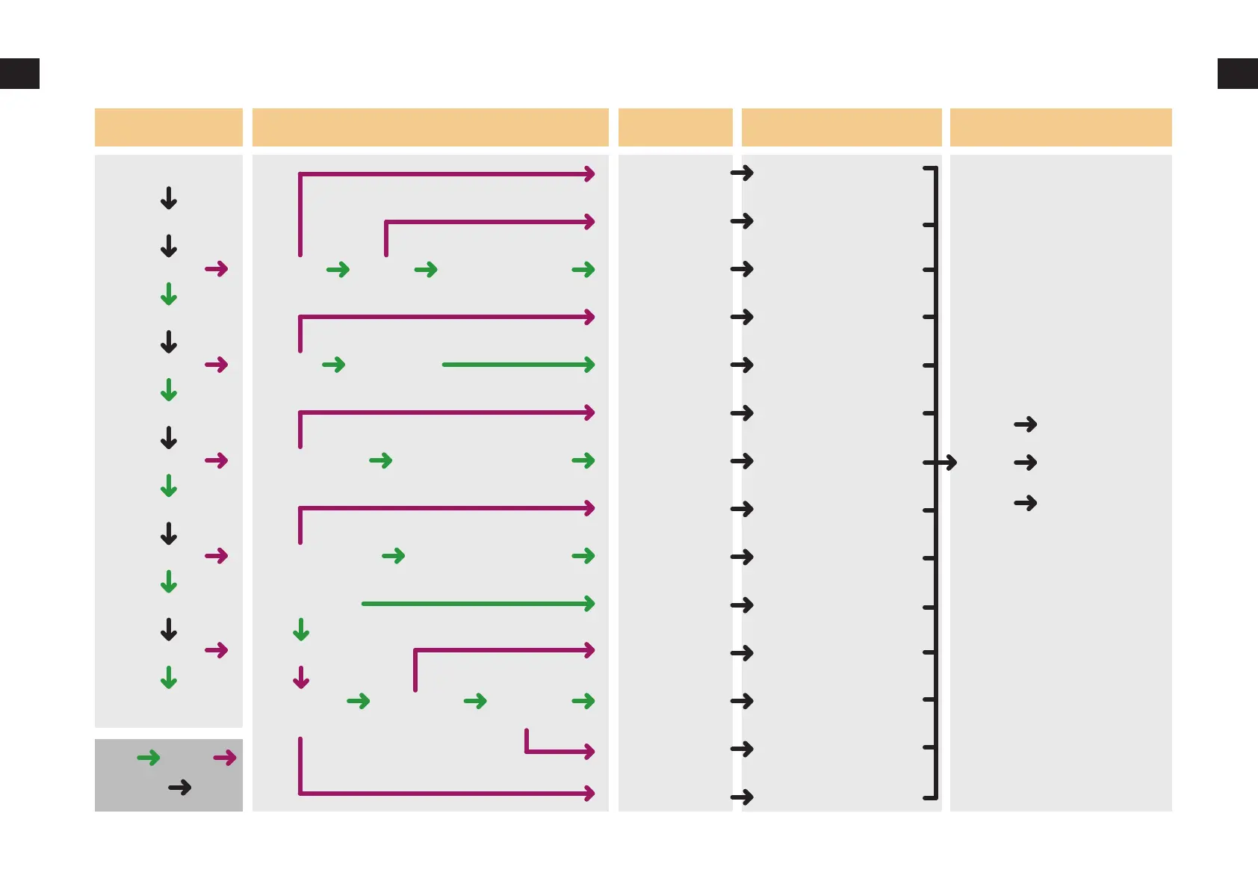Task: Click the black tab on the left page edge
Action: pyautogui.click(x=19, y=73)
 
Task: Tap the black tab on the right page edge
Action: pyautogui.click(x=1237, y=73)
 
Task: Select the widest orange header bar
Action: pyautogui.click(x=430, y=127)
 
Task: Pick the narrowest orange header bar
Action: pyautogui.click(x=675, y=127)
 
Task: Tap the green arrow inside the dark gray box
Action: pyautogui.click(x=149, y=758)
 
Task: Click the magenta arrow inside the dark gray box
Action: pyautogui.click(x=224, y=758)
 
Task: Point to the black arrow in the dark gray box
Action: pyautogui.click(x=179, y=787)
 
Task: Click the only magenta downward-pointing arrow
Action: pyautogui.click(x=301, y=677)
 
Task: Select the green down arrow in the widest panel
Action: pyautogui.click(x=301, y=630)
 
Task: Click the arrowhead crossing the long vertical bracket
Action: pyautogui.click(x=947, y=463)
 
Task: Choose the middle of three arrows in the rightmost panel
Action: pyautogui.click(x=1026, y=463)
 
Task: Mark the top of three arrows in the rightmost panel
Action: pyautogui.click(x=1026, y=424)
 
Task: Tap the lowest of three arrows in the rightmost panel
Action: pyautogui.click(x=1026, y=503)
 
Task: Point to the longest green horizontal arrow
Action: pyautogui.click(x=478, y=603)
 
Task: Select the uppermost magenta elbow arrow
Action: pyautogui.click(x=447, y=175)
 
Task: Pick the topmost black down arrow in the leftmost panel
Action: pyautogui.click(x=169, y=198)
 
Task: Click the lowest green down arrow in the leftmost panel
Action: pyautogui.click(x=169, y=677)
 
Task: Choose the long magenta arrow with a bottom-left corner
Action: pyautogui.click(x=447, y=792)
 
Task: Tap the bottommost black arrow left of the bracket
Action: pyautogui.click(x=742, y=797)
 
